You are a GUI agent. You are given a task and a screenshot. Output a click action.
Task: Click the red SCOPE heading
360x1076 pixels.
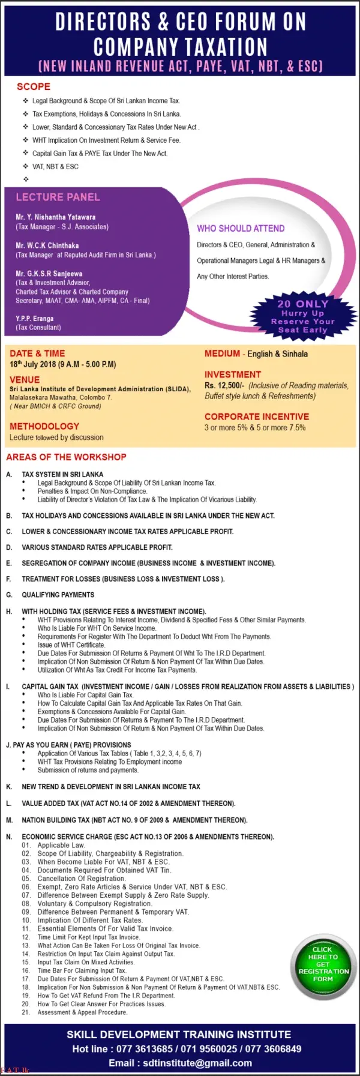coord(34,86)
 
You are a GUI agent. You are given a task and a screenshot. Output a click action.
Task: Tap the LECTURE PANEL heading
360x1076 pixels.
coord(58,197)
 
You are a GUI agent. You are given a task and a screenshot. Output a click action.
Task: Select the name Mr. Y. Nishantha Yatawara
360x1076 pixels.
coord(55,217)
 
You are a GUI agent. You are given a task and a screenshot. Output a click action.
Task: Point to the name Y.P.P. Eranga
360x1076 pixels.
coord(34,319)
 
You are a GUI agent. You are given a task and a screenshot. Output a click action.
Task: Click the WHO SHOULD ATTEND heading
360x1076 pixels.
coord(241,229)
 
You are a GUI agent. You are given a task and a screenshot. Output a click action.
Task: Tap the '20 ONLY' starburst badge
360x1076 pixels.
coord(302,316)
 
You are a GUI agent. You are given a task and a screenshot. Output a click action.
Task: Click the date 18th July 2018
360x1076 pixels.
coord(33,364)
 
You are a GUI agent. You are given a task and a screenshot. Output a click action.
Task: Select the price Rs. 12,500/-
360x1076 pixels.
coord(224,386)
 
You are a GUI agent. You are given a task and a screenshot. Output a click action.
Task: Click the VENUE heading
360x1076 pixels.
coord(25,380)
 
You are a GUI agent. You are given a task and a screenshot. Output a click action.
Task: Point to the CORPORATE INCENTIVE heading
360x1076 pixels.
coord(257,416)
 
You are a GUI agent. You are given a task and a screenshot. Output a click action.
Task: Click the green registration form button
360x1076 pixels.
coord(323,964)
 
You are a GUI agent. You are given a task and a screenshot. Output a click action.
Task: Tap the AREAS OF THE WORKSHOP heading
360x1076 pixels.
coord(66,457)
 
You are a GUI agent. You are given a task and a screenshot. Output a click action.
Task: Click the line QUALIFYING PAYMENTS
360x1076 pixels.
coord(58,595)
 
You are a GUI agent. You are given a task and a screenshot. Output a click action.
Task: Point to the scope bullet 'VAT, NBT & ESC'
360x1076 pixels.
coord(55,167)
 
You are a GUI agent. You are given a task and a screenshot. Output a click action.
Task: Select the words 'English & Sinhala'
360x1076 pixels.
coord(278,354)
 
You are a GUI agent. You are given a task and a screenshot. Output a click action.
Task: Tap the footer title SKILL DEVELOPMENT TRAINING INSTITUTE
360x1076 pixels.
coord(179,1035)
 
